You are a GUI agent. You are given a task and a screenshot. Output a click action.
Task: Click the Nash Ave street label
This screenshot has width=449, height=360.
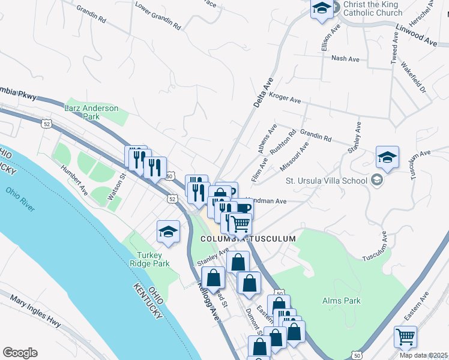click(345, 59)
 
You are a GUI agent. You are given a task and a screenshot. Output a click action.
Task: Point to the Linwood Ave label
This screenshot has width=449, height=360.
click(417, 35)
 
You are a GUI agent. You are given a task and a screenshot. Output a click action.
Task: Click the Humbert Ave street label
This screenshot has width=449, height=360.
click(74, 179)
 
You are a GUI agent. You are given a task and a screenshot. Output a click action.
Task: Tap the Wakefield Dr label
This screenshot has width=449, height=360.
click(413, 77)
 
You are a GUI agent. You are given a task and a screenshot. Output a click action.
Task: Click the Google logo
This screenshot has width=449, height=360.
click(20, 353)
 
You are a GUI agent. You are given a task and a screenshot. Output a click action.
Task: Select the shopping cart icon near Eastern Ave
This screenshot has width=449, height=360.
click(405, 337)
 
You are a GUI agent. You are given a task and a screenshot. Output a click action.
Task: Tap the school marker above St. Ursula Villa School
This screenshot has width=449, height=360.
click(387, 158)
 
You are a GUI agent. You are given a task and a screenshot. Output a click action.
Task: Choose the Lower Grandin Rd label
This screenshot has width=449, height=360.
click(158, 17)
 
